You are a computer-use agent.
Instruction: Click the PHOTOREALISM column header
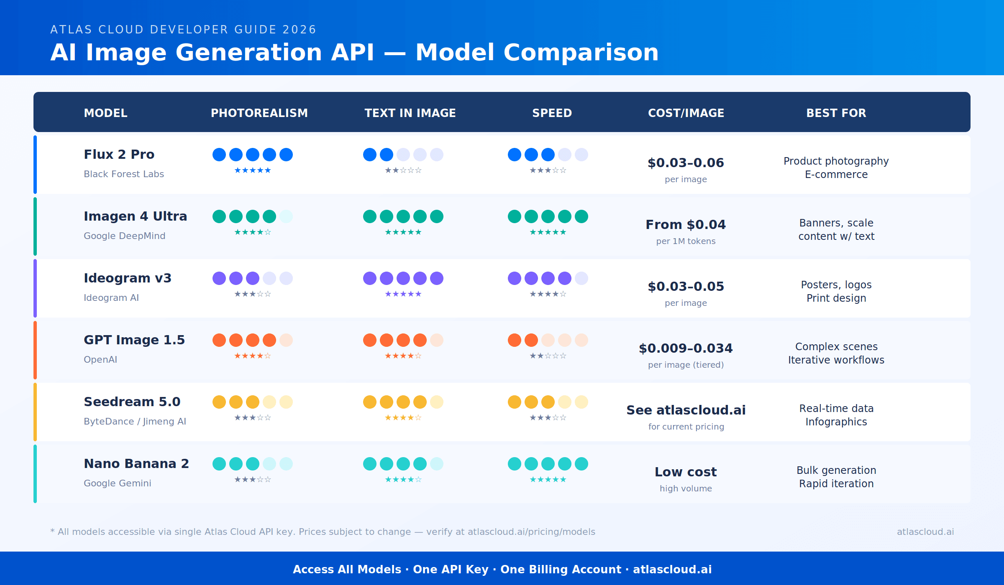tap(259, 113)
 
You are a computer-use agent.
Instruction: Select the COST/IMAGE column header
tap(686, 113)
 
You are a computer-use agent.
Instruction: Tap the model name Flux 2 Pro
tap(119, 154)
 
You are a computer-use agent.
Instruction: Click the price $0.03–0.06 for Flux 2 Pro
tap(686, 163)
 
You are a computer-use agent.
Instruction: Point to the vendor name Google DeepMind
tap(124, 236)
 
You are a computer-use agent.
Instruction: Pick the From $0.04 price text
tap(686, 224)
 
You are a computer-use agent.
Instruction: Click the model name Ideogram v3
tap(128, 278)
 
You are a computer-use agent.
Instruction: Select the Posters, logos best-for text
tap(836, 285)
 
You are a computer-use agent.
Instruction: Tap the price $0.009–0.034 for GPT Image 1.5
tap(686, 348)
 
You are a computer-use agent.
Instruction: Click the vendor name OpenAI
tap(100, 359)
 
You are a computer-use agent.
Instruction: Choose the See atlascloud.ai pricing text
tap(686, 410)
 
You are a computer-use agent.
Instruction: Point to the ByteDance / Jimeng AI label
tap(135, 421)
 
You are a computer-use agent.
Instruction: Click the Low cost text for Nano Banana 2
tap(686, 472)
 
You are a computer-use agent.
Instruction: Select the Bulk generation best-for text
tap(836, 470)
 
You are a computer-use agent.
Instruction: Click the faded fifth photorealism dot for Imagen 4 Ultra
tap(286, 216)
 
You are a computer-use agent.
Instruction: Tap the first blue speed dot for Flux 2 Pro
tap(515, 155)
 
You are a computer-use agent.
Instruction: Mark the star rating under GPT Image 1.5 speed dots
tap(548, 356)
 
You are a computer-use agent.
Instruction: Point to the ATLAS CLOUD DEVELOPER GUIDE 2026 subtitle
tap(183, 30)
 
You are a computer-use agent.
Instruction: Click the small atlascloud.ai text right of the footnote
tap(925, 532)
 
